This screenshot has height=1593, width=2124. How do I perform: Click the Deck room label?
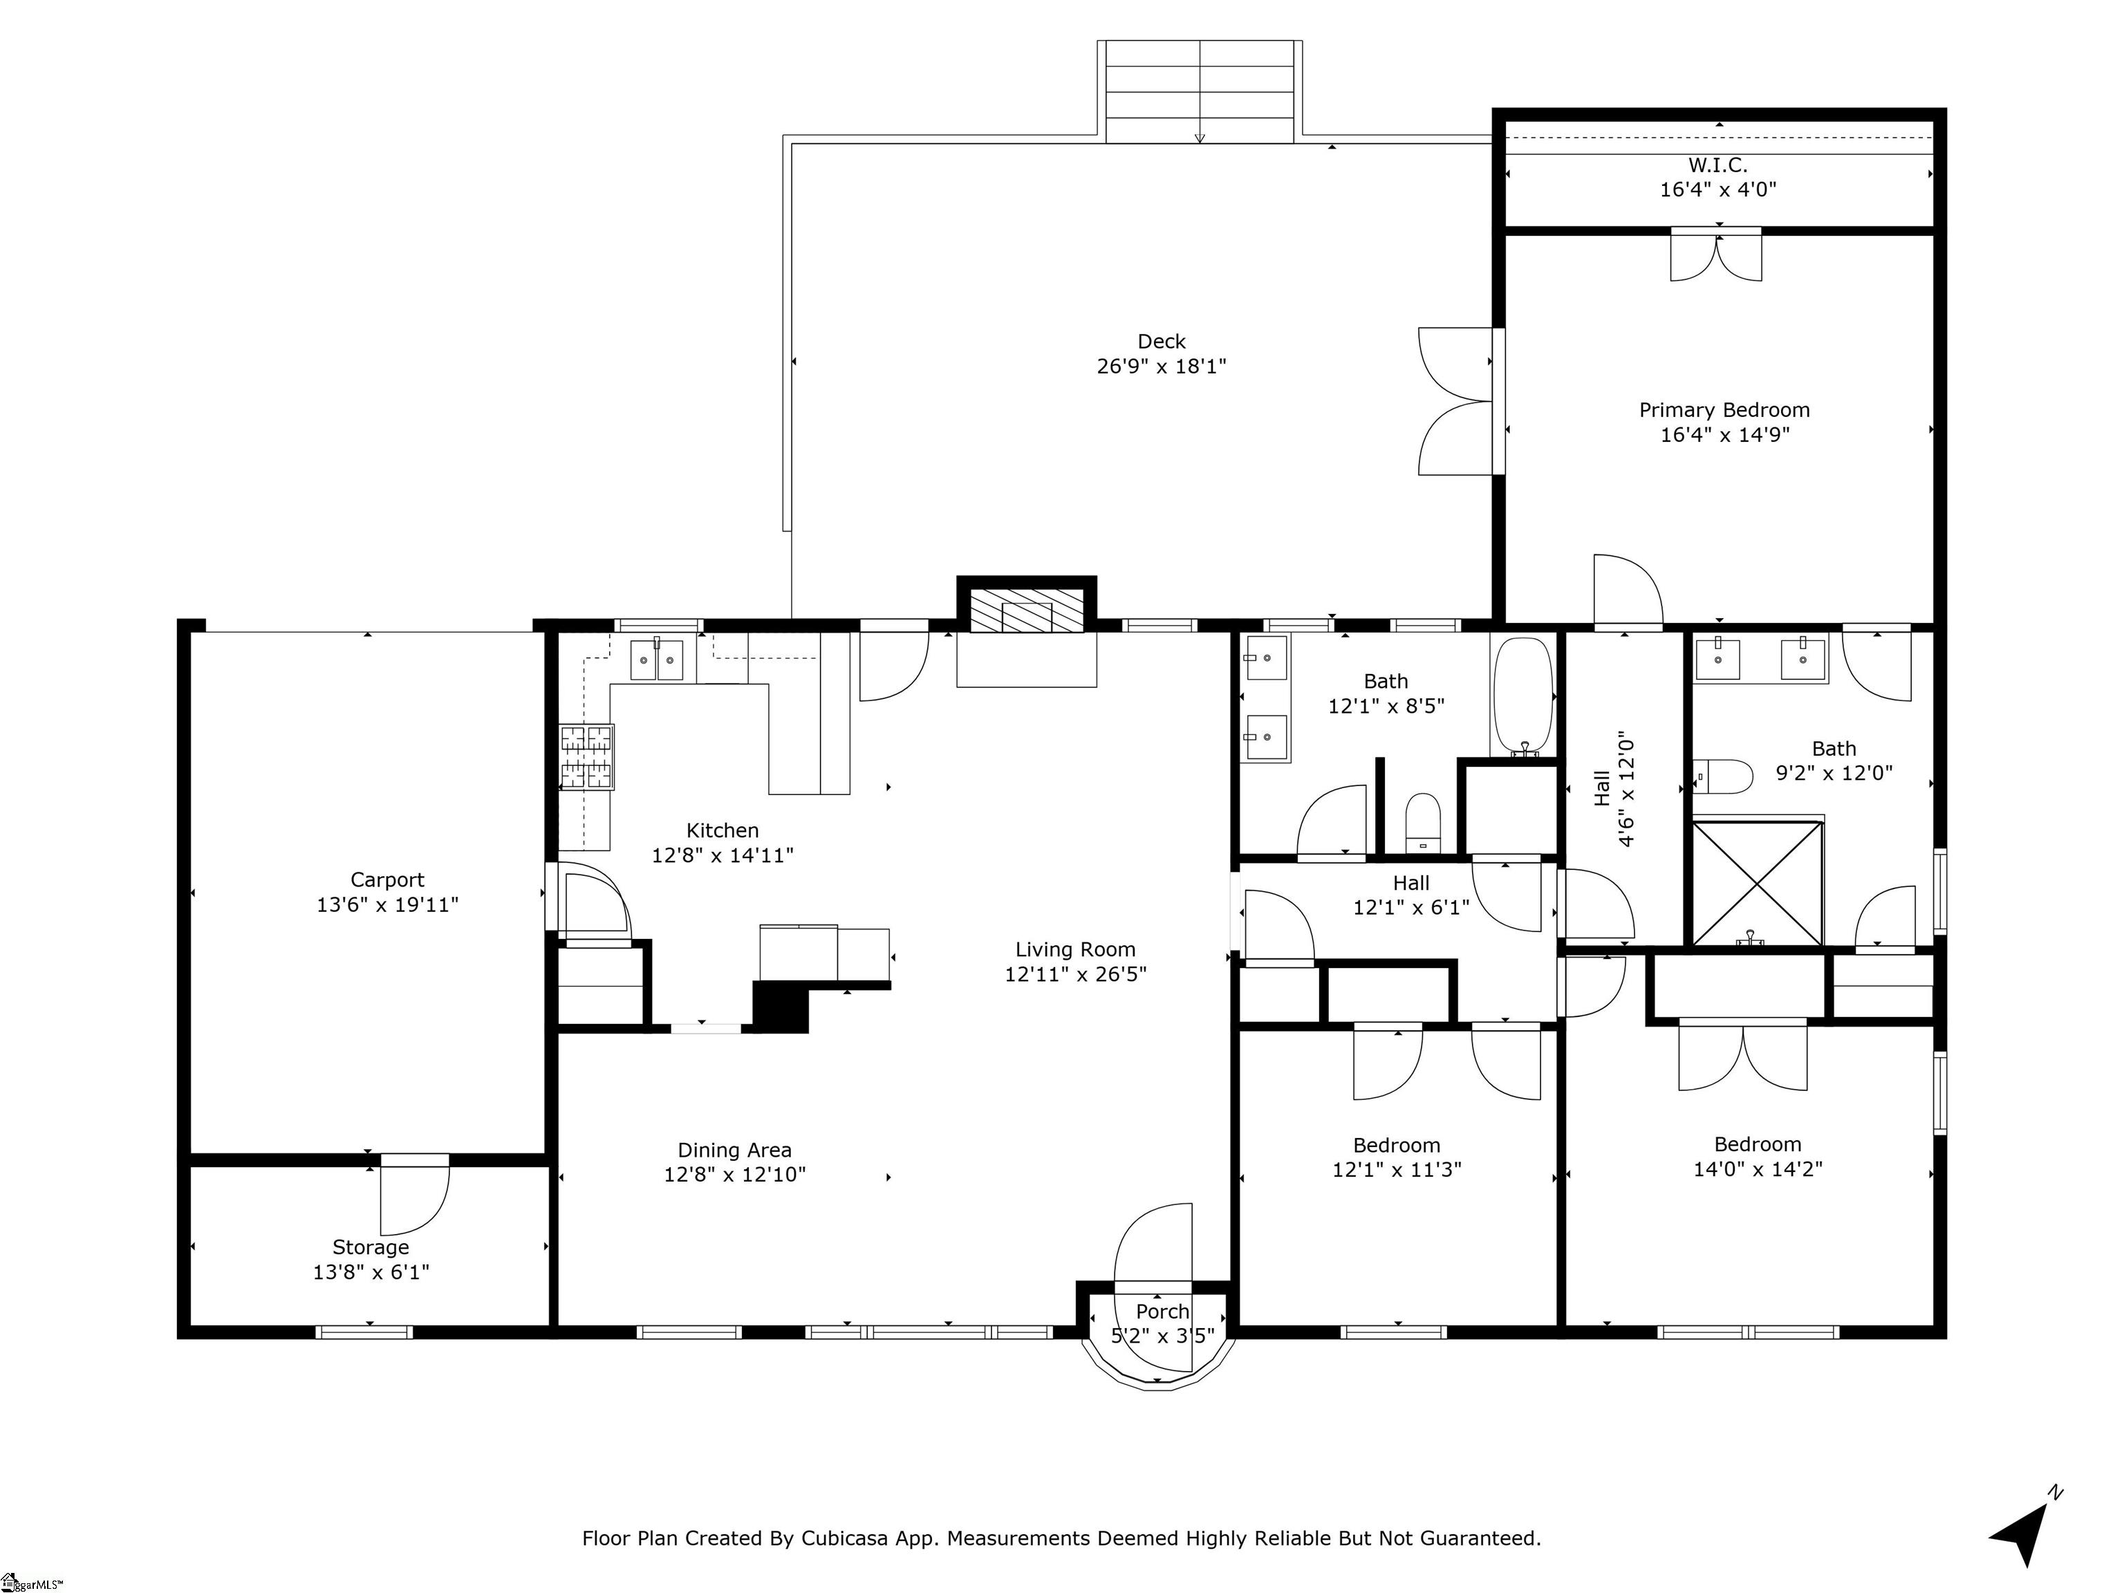tap(1161, 341)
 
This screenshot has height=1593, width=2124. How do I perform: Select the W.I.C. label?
tap(1718, 165)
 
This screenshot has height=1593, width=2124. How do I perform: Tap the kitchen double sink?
tap(656, 660)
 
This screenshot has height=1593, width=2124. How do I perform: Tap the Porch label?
tap(1163, 1312)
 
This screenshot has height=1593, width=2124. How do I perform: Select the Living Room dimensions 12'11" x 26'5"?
tap(1075, 975)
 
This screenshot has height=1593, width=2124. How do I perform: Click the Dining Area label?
tap(734, 1150)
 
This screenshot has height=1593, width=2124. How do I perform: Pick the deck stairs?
tap(1200, 92)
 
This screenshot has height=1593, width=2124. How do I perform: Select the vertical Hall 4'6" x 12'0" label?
tap(1613, 790)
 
